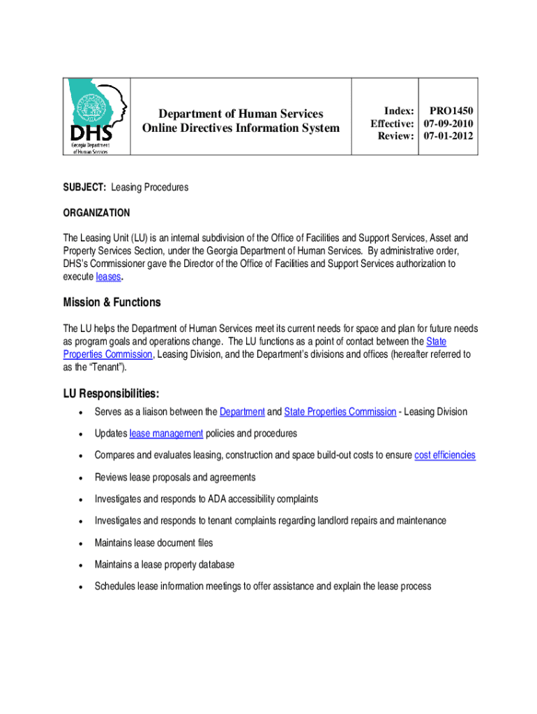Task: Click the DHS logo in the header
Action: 98,116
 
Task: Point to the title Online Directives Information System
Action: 241,128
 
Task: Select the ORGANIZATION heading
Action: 96,212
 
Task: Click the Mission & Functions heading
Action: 112,302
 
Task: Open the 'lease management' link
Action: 166,434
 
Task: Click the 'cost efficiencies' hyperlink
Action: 444,455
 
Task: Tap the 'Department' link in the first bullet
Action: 242,412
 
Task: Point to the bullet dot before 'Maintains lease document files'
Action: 83,543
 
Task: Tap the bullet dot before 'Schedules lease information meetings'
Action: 83,587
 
